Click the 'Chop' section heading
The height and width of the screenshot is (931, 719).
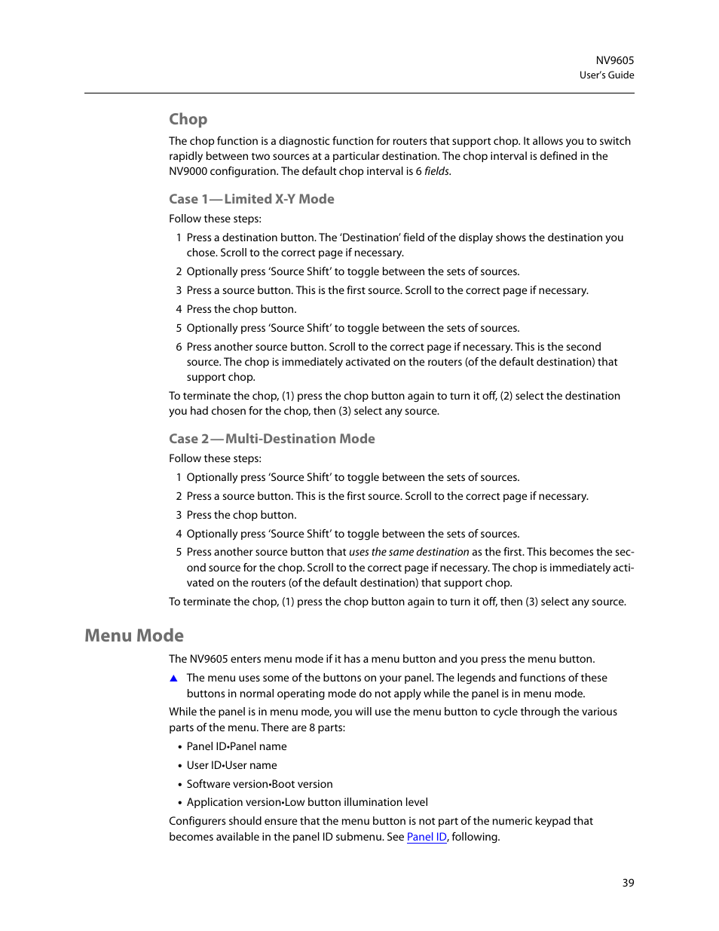188,119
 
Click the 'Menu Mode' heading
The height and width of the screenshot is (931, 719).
134,635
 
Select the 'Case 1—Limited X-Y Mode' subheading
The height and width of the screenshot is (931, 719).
251,199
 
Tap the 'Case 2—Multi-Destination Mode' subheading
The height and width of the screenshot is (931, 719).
271,439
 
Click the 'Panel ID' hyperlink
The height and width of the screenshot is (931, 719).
427,837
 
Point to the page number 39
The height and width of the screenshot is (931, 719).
628,883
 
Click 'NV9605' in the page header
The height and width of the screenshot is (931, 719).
614,60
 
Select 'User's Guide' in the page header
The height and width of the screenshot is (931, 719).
606,75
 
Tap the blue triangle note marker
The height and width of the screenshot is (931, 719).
173,678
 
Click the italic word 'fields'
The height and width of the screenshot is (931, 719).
436,172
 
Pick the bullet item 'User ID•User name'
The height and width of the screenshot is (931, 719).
231,765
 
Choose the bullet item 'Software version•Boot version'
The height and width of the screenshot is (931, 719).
259,784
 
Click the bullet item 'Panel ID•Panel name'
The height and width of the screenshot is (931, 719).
237,746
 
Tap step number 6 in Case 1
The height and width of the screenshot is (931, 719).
179,347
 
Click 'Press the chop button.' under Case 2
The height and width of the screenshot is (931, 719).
241,515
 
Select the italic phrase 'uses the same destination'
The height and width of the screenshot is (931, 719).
408,553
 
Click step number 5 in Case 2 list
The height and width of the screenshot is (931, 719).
179,553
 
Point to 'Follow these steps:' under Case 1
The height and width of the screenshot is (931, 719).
215,219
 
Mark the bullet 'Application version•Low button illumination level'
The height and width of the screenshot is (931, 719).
307,802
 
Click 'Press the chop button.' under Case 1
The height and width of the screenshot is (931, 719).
241,309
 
